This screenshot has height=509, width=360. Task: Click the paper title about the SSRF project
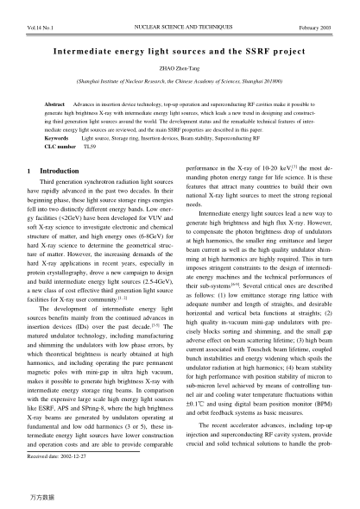[x=180, y=52]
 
